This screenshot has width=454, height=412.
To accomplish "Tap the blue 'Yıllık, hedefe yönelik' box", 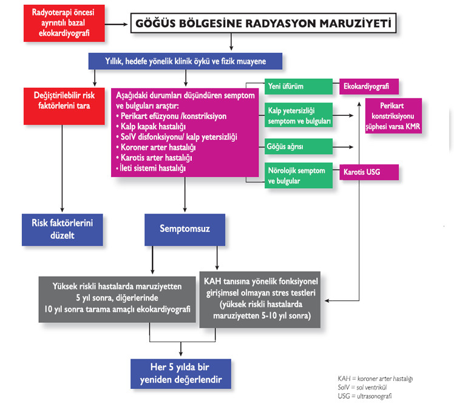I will [x=186, y=61].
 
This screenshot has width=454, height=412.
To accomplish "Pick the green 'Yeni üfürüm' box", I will [x=298, y=86].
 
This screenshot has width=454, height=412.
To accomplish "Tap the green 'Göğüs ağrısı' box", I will [x=298, y=146].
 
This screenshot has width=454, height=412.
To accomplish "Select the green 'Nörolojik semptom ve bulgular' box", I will [x=298, y=175].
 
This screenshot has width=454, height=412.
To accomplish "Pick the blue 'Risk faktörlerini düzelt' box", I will [x=62, y=229].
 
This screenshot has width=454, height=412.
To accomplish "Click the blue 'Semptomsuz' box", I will [x=185, y=229].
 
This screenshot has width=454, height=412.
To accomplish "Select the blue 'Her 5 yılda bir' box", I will [x=181, y=374].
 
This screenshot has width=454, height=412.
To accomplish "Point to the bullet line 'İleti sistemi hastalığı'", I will [x=154, y=167].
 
